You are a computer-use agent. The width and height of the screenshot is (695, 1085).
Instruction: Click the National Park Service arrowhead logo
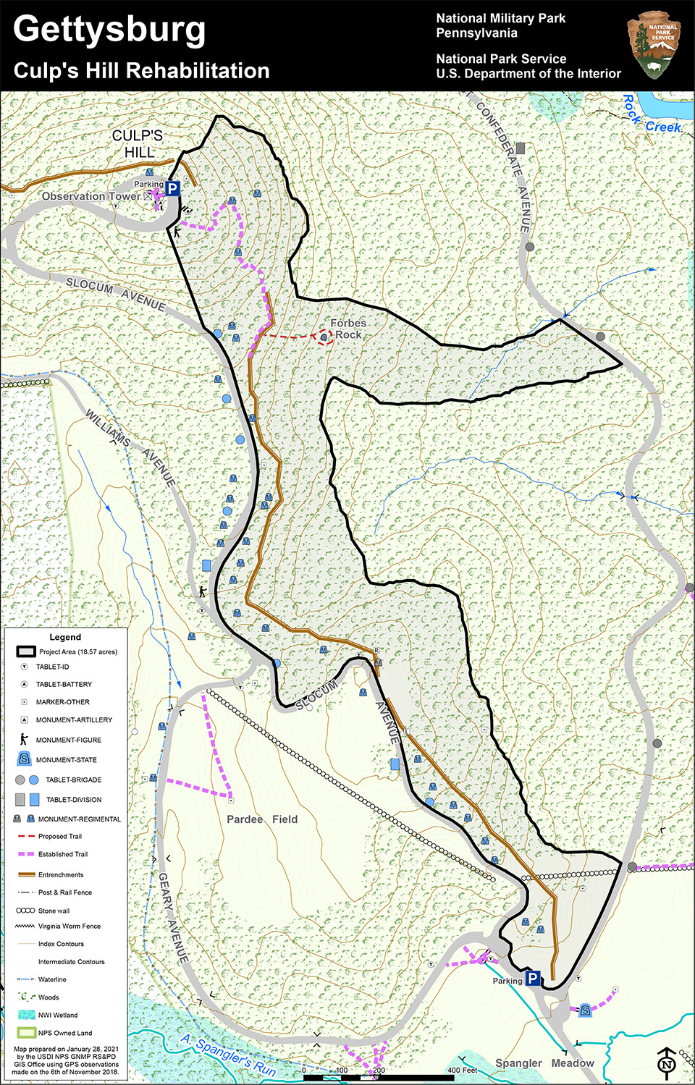click(654, 45)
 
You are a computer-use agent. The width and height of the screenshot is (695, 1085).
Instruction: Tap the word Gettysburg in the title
click(109, 30)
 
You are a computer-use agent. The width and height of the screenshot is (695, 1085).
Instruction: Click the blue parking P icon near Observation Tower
click(172, 189)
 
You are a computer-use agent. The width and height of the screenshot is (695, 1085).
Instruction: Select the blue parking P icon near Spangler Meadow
click(533, 979)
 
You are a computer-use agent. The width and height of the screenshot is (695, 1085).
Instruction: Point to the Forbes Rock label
click(348, 329)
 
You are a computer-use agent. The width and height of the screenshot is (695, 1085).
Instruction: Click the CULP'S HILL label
click(138, 144)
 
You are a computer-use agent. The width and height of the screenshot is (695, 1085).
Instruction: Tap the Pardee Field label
click(262, 819)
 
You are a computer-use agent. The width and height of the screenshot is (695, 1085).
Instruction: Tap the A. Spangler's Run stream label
click(228, 1055)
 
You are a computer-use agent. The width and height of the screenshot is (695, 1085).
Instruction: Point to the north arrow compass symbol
click(667, 1062)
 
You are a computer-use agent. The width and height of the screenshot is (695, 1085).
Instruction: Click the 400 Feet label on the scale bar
click(462, 1070)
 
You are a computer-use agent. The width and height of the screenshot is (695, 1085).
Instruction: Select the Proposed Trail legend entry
click(59, 836)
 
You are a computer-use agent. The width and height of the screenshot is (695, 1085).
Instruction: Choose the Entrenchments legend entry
click(61, 874)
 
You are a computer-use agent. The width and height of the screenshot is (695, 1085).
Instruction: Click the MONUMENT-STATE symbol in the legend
click(24, 759)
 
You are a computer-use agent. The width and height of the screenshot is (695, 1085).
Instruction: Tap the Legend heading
click(65, 637)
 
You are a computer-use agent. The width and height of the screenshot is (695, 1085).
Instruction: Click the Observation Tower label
click(91, 196)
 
